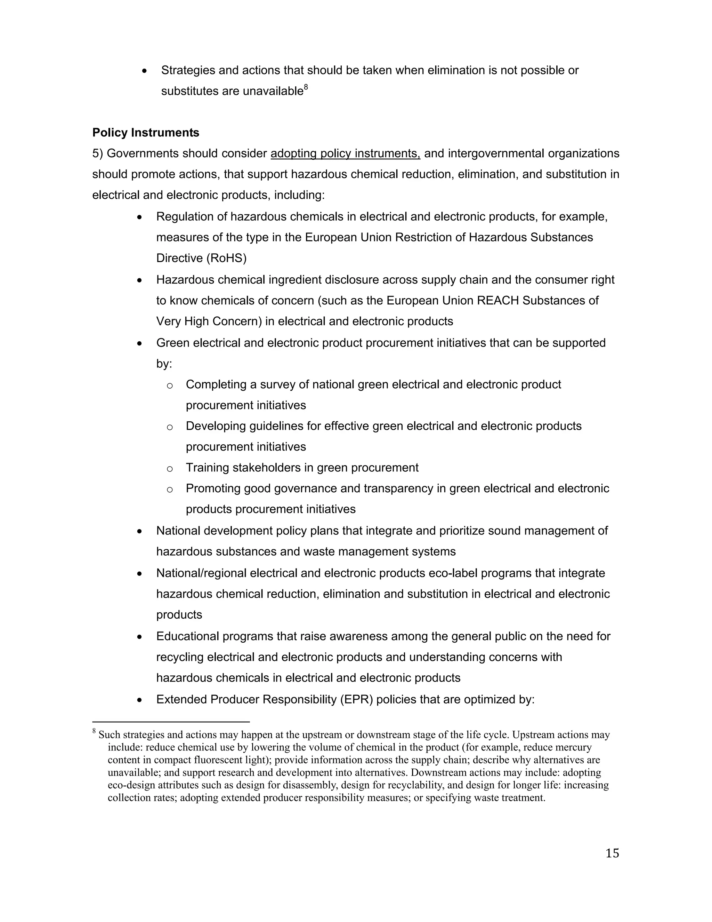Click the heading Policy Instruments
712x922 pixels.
(x=146, y=133)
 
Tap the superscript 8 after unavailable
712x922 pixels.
(x=306, y=87)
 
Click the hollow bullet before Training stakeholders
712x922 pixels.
(x=170, y=469)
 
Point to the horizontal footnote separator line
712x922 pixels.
(x=171, y=722)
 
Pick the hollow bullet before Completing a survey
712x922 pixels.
(x=170, y=386)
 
